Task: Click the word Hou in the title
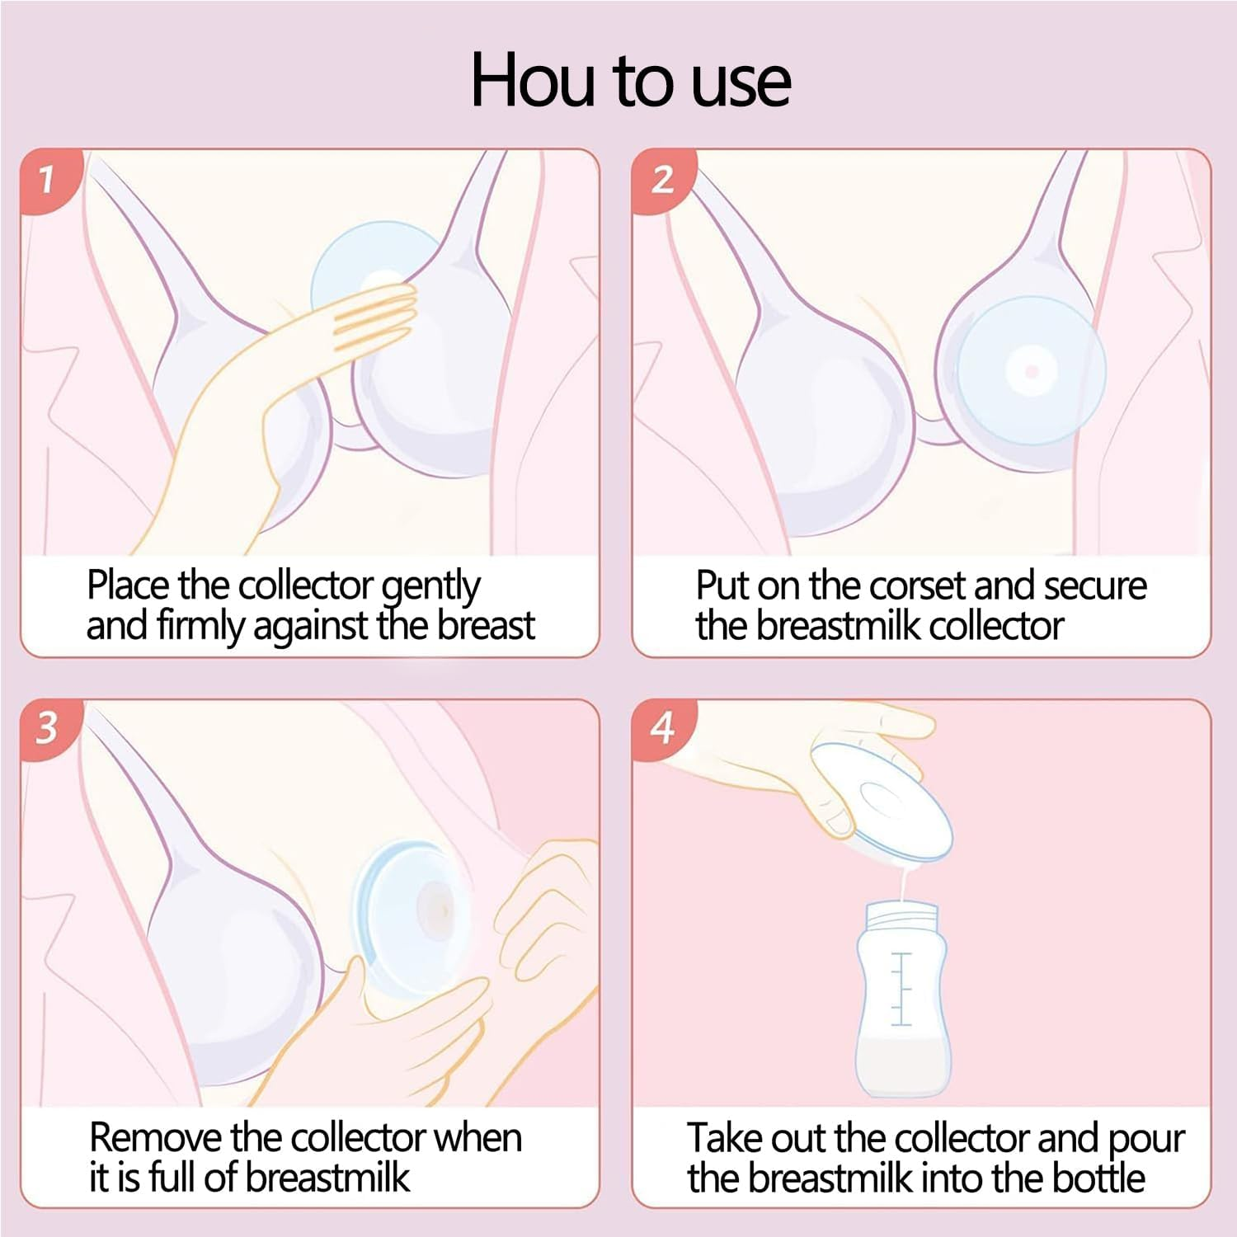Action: pos(532,81)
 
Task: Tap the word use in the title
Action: pos(741,82)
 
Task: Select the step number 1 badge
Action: pos(47,178)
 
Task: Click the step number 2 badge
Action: pos(661,178)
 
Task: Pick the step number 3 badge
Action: pos(47,727)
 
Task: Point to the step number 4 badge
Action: pos(661,727)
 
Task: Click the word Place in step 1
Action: pos(128,586)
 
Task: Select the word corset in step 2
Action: pos(918,586)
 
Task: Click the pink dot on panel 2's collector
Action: pos(1031,372)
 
